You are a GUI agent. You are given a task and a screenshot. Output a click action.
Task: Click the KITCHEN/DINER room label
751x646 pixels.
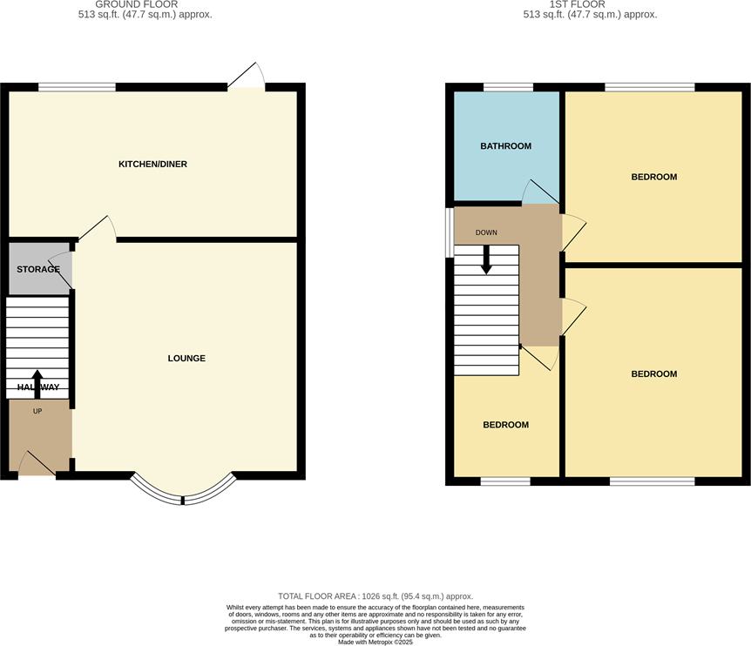pos(152,165)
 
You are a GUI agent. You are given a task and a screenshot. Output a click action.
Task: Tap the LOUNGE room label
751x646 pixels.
pos(186,359)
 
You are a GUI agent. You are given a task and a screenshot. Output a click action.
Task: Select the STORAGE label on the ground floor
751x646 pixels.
pos(38,269)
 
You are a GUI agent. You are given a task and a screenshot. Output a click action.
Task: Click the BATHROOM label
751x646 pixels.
pos(505,146)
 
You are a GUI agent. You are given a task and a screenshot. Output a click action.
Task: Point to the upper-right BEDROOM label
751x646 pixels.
pos(653,177)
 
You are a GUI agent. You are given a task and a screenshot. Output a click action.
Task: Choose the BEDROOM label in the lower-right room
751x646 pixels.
pos(653,374)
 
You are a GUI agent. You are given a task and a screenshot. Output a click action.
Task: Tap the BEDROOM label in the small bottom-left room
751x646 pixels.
pos(505,425)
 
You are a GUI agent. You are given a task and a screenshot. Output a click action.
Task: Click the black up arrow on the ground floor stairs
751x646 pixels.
pos(37,382)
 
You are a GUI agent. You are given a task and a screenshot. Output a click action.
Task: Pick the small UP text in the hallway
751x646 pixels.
pos(37,411)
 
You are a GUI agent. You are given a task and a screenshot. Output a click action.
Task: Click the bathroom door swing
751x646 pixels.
pos(535,192)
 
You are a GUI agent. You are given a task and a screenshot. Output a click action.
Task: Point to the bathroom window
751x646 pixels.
pos(508,87)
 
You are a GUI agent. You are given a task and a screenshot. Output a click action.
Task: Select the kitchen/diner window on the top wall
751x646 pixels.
pos(77,87)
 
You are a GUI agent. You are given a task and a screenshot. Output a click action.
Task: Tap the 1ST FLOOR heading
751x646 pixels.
pos(590,4)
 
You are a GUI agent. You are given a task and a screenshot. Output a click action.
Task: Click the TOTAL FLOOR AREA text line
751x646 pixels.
pos(375,595)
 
